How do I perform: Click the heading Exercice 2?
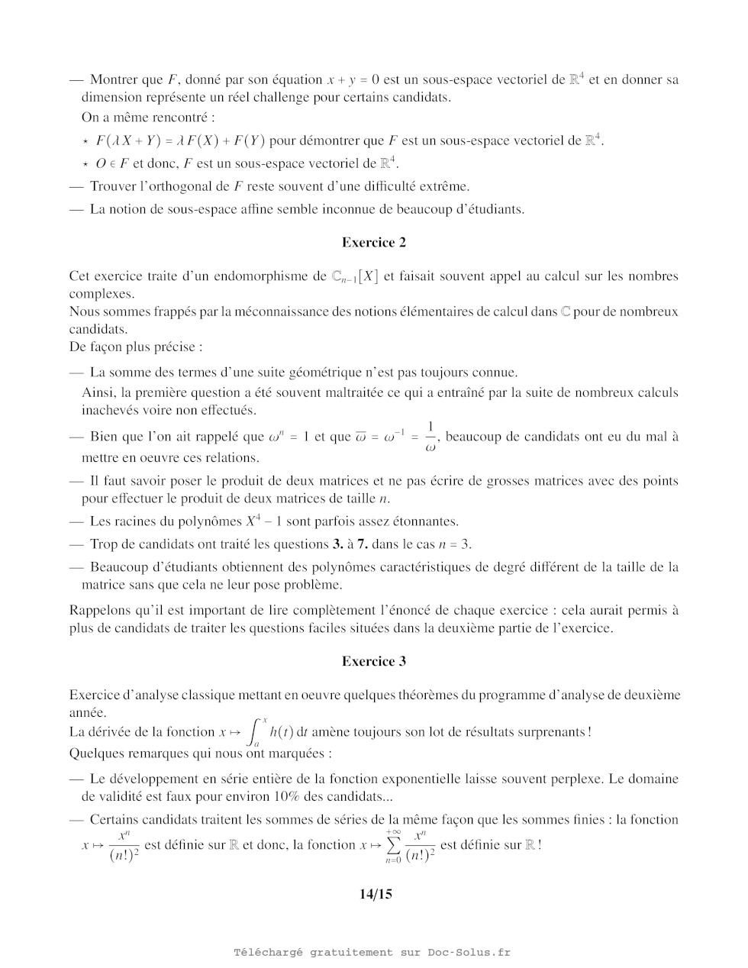pyautogui.click(x=374, y=243)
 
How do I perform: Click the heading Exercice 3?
pyautogui.click(x=374, y=662)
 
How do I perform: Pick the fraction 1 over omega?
pyautogui.click(x=430, y=437)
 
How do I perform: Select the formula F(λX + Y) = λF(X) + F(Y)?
pyautogui.click(x=180, y=140)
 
